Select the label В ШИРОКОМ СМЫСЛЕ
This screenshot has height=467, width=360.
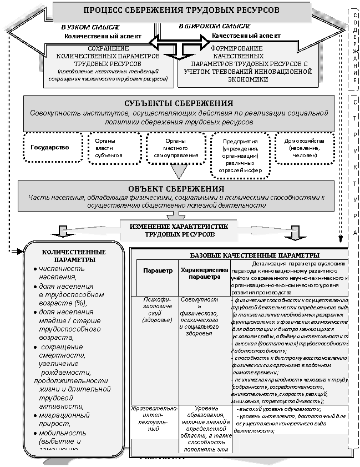coord(215,26)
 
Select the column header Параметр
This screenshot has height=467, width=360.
coord(158,270)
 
